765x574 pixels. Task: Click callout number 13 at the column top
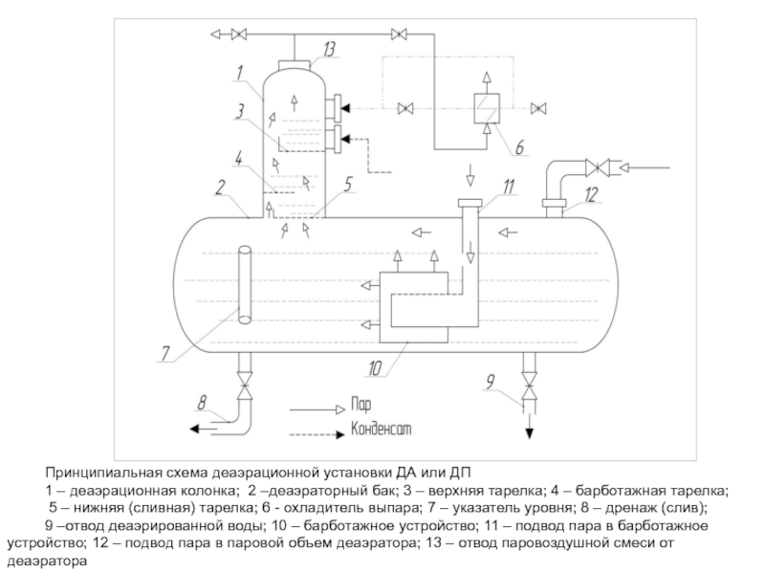click(x=330, y=50)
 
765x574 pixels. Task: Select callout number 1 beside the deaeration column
click(x=239, y=74)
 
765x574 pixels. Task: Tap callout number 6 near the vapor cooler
click(x=519, y=147)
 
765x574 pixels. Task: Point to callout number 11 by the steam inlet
click(x=509, y=187)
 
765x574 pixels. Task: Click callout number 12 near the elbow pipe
click(x=591, y=195)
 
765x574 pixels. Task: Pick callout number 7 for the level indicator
click(x=165, y=353)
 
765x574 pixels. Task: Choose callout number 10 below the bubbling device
click(x=375, y=368)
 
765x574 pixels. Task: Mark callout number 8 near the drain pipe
click(x=202, y=403)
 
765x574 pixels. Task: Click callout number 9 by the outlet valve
click(x=490, y=381)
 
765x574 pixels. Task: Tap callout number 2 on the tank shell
click(x=221, y=187)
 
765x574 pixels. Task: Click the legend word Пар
click(x=361, y=405)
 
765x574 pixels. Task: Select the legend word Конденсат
click(x=381, y=429)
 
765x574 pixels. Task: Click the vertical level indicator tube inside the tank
click(x=245, y=284)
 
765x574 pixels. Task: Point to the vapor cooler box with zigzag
click(x=487, y=108)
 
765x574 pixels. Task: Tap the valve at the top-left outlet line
click(x=238, y=34)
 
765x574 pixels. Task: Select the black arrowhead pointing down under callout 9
click(x=530, y=433)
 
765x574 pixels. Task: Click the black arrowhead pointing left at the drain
click(x=195, y=429)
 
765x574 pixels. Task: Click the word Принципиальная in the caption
click(x=103, y=473)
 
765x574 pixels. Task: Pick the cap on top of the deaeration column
click(x=295, y=65)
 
